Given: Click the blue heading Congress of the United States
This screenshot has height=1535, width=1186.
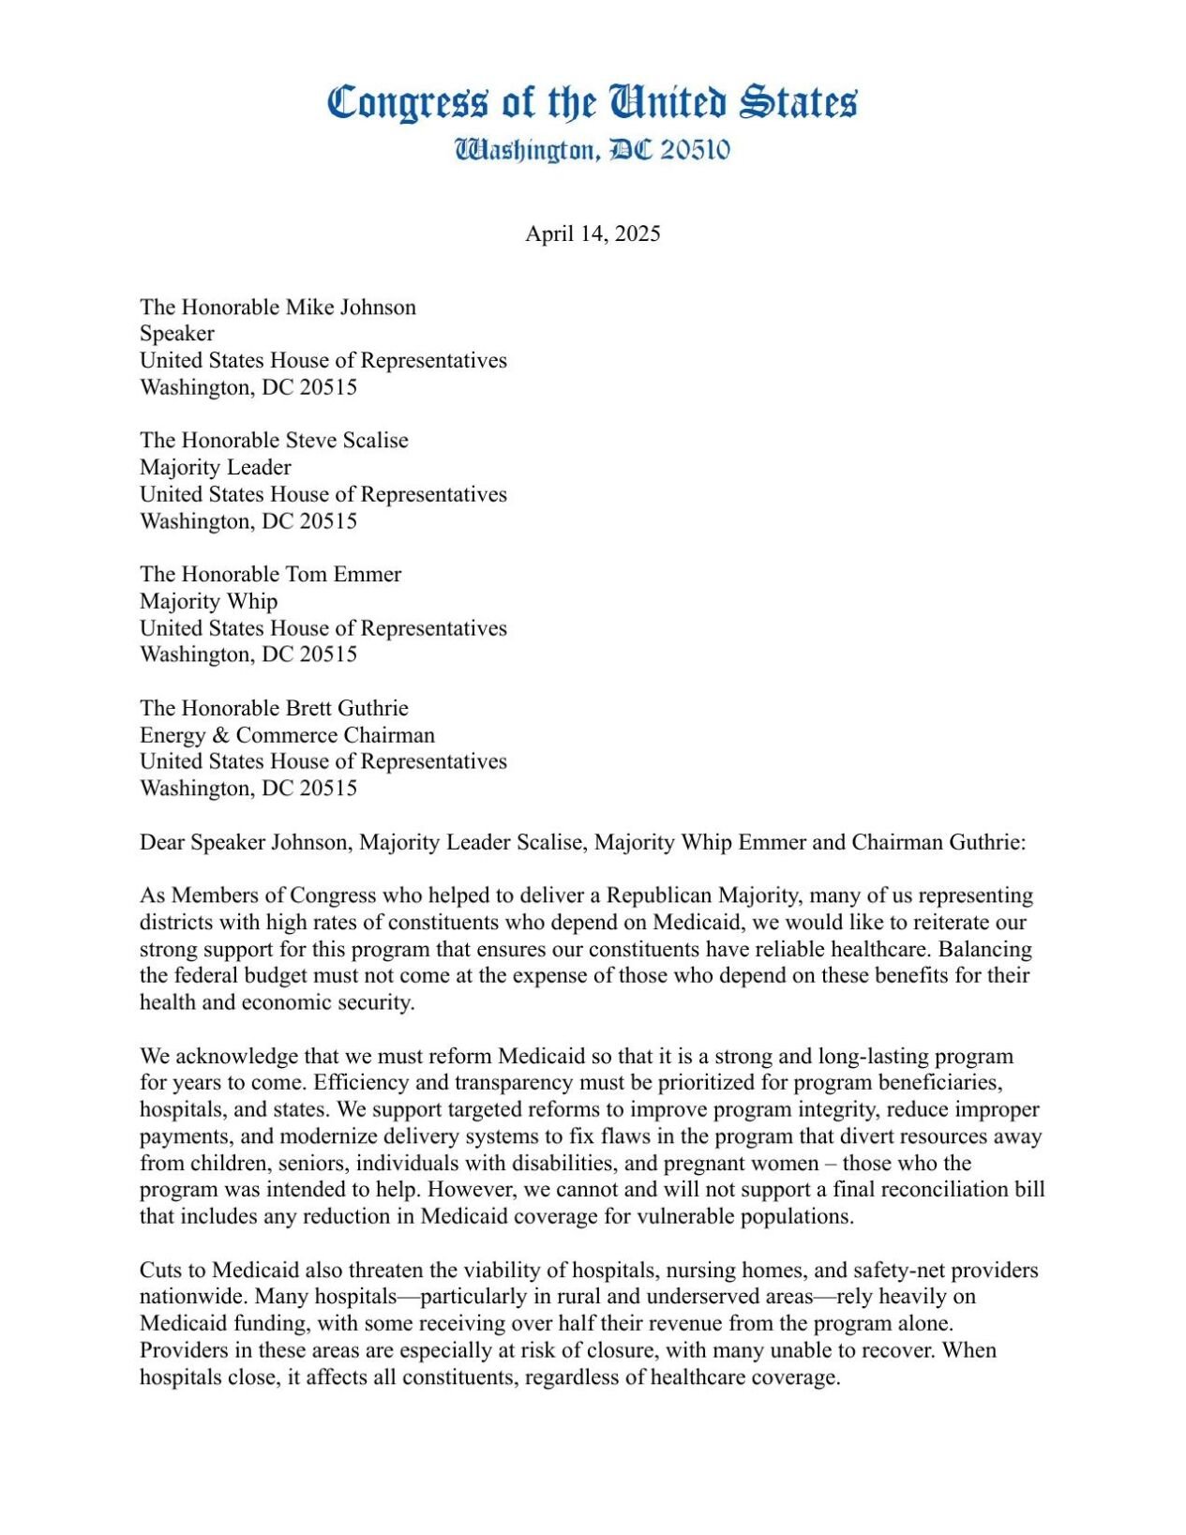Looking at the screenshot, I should click(x=592, y=102).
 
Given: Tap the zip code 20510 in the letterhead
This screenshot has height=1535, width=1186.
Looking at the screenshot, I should click(x=695, y=150).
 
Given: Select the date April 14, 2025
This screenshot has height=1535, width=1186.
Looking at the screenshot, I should click(x=593, y=233).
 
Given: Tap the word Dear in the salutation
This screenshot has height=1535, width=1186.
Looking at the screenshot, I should click(x=162, y=842).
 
